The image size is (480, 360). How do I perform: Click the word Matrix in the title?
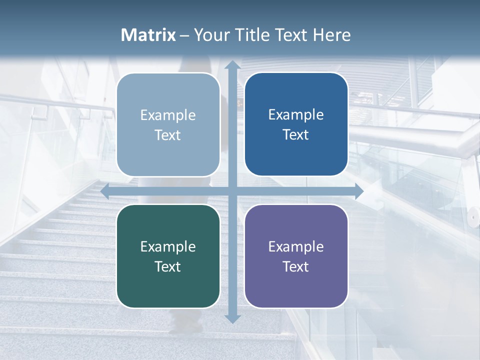click(x=148, y=35)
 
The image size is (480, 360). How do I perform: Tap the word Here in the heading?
click(x=331, y=35)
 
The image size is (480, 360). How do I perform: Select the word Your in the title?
click(x=211, y=35)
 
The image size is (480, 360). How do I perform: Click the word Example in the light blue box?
click(x=168, y=115)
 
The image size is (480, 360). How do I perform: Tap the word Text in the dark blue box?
click(x=296, y=135)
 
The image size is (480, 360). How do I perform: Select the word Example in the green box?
click(x=168, y=247)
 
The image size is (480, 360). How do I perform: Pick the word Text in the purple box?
click(x=296, y=266)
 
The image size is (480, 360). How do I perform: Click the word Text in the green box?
click(x=168, y=266)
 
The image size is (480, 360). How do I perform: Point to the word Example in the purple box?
click(x=296, y=247)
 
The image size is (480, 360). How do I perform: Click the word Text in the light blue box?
click(x=168, y=135)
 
